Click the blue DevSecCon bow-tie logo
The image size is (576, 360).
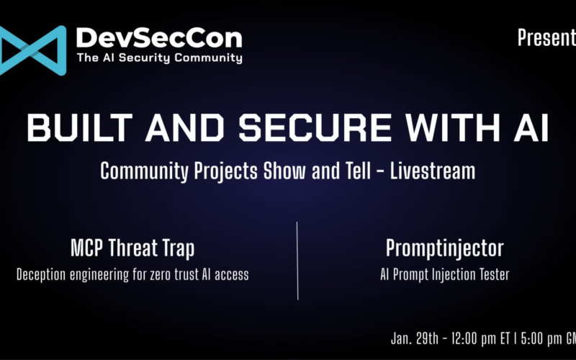point(32,47)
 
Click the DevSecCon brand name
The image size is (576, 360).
point(158,37)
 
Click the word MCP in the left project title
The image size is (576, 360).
point(88,248)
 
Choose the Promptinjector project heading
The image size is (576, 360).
point(444,248)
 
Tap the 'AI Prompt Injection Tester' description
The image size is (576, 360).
point(444,274)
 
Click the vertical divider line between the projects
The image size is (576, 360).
point(297,260)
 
